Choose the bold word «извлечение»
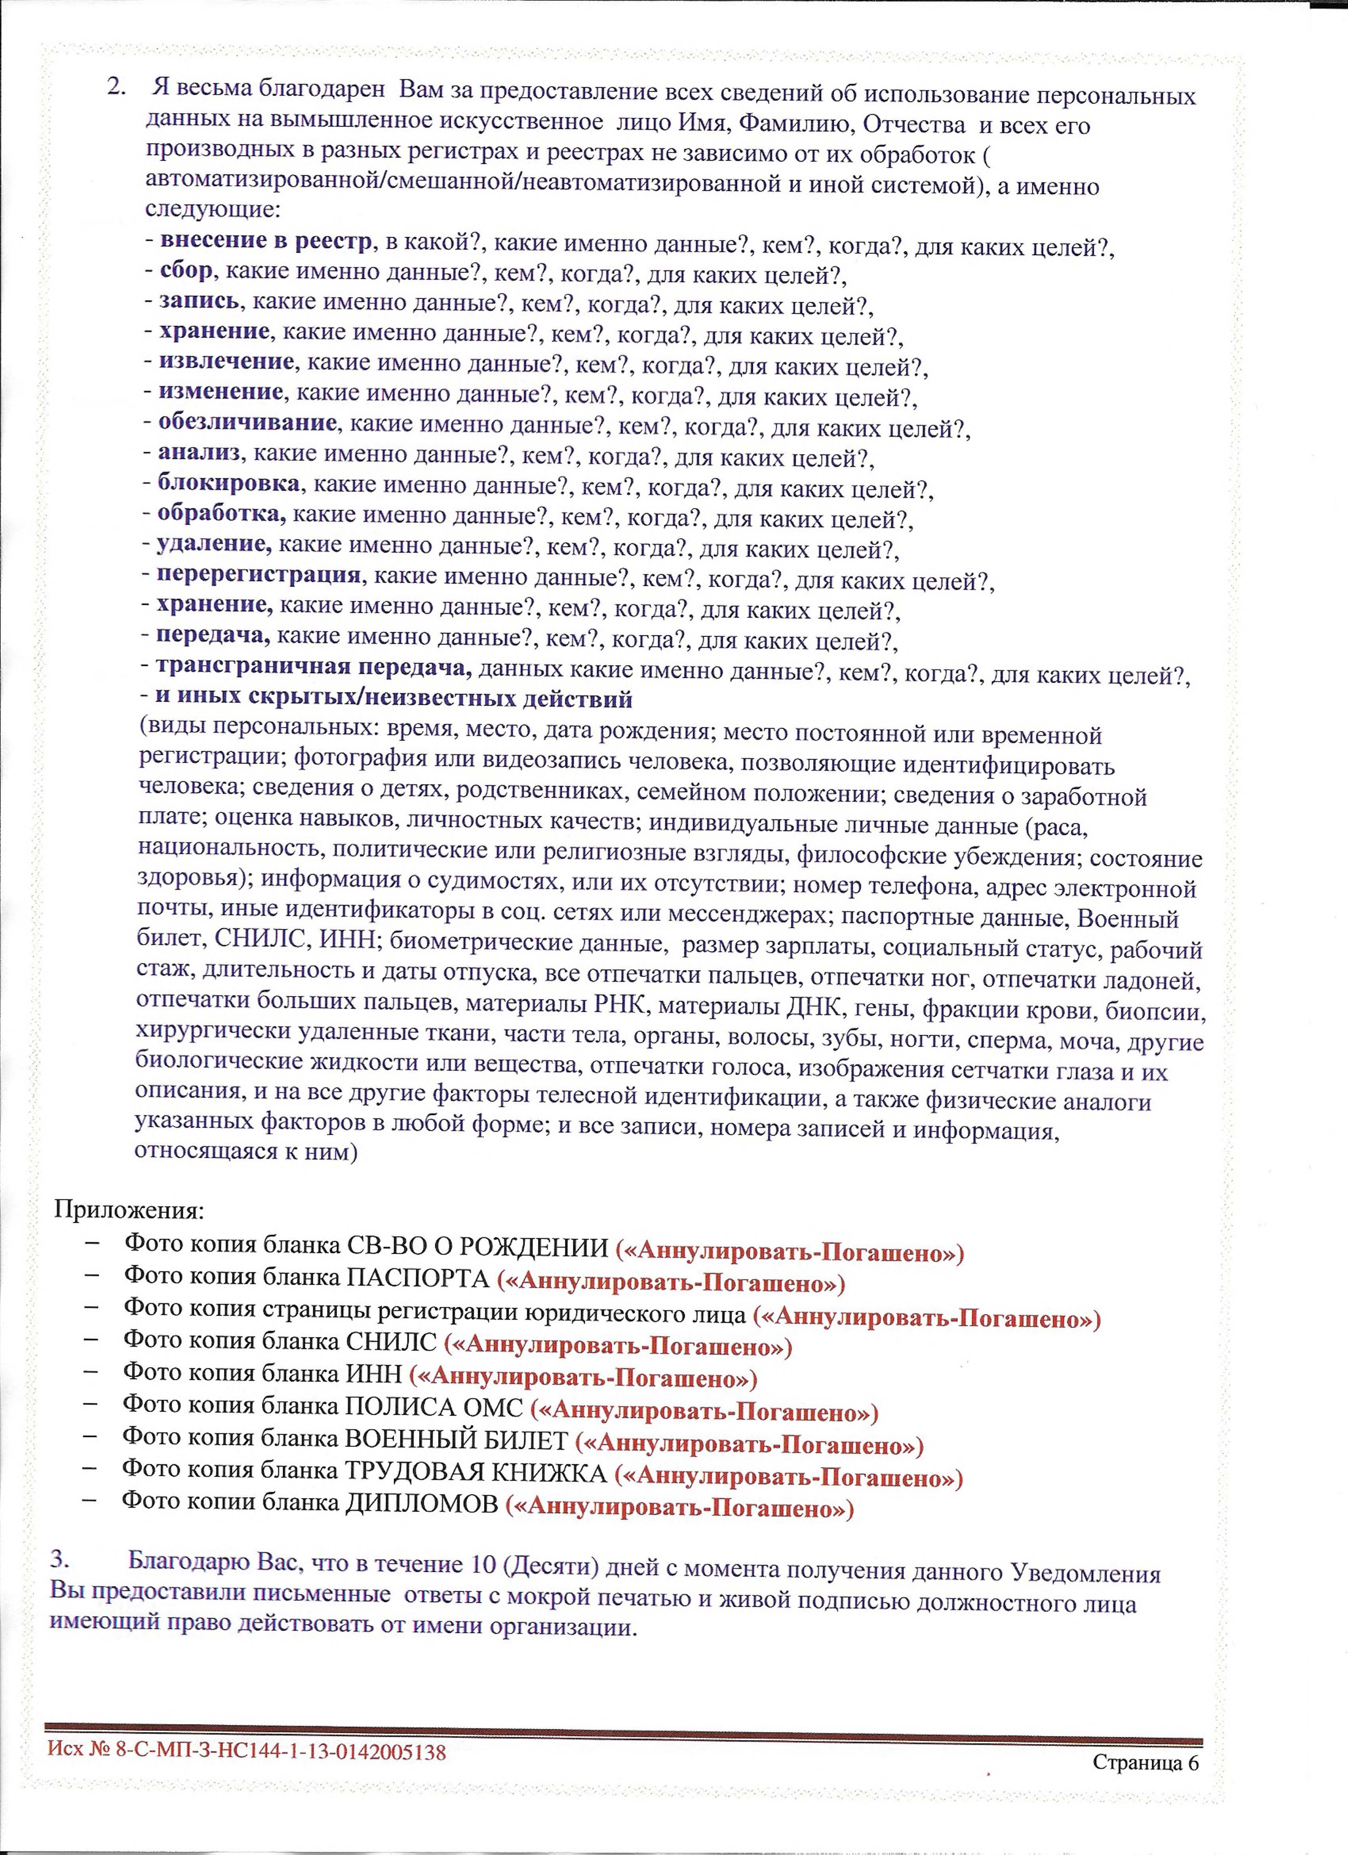point(226,361)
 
